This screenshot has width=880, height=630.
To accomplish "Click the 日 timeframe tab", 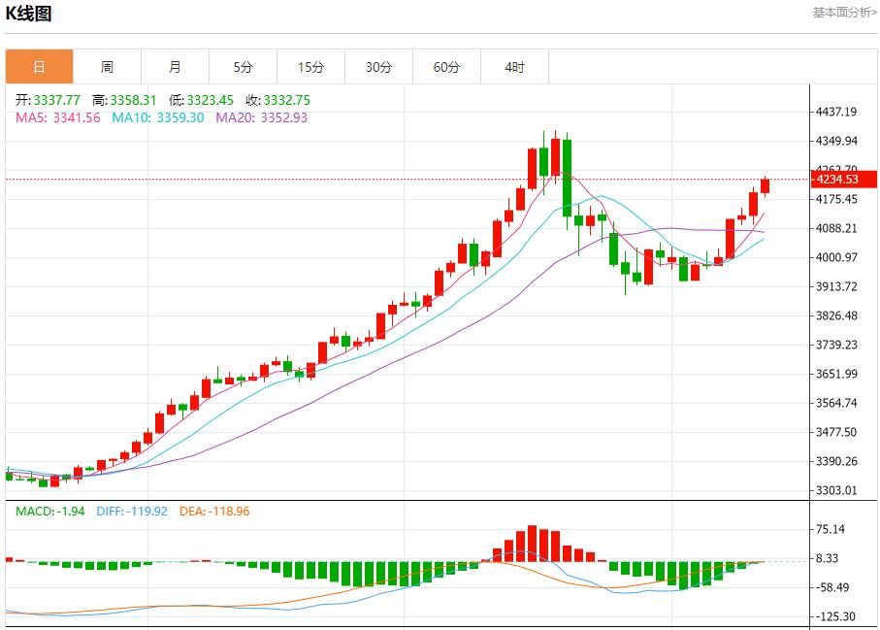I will (x=39, y=67).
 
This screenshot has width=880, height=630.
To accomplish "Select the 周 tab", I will (x=107, y=67).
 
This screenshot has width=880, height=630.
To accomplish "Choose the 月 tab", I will (x=175, y=67).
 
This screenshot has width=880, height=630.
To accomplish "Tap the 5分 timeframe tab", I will (x=243, y=67).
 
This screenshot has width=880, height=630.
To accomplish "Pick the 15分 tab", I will (x=310, y=67).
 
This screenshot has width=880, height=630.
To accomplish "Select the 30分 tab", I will (x=378, y=67).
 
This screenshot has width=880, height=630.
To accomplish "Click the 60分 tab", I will (x=446, y=67).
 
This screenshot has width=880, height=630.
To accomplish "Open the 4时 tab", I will (x=514, y=67).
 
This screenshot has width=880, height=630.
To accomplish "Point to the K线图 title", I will (x=28, y=14).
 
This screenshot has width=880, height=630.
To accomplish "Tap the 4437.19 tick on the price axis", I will (x=836, y=113).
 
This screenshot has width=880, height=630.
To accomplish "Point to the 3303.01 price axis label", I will (x=836, y=491).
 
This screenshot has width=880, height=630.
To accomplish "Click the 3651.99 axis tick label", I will (x=836, y=375).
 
